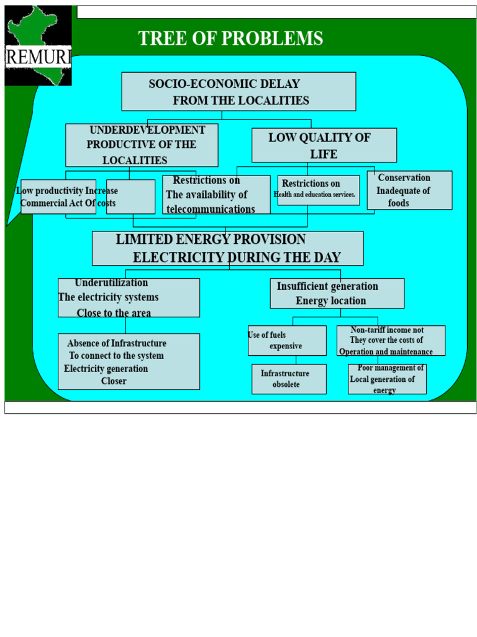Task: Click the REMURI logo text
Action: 39,57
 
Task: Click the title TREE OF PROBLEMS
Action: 230,39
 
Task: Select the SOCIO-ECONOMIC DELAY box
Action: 238,91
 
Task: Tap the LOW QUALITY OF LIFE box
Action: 324,146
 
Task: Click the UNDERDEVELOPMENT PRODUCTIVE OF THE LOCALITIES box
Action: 142,145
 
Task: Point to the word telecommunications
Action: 211,209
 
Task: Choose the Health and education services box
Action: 319,190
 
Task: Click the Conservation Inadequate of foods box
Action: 409,190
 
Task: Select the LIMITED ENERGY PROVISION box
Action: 227,248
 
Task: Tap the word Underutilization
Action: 111,282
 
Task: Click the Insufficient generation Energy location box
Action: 337,294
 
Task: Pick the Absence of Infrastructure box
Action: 129,361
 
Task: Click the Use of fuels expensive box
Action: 287,340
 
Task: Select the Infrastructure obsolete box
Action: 289,379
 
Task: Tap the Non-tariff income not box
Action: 391,340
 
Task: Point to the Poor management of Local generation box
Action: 387,379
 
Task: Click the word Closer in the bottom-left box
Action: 114,381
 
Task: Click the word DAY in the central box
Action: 325,258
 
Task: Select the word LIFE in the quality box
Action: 324,154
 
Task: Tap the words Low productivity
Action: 50,190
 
